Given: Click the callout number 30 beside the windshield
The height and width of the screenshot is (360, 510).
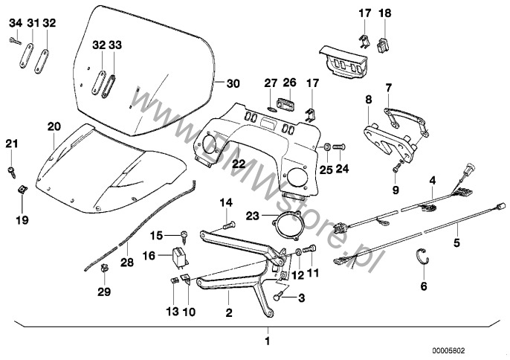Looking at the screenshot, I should [x=233, y=83].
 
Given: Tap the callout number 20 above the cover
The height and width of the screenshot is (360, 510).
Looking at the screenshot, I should [x=53, y=126].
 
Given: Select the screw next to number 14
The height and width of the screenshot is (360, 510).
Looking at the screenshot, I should [x=229, y=222].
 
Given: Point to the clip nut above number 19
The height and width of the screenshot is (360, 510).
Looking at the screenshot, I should [x=22, y=190].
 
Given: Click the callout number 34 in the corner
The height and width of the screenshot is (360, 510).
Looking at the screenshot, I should [x=14, y=23].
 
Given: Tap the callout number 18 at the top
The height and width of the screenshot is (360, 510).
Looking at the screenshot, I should [x=384, y=13].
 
